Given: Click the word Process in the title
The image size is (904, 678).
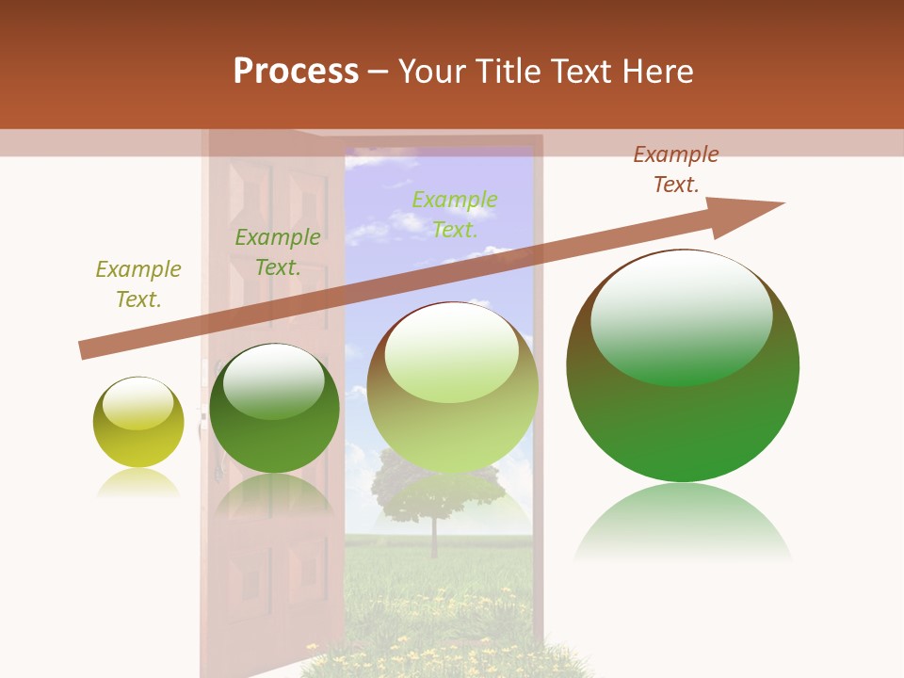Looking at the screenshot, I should (x=296, y=72).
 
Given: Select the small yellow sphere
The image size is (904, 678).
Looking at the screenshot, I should (x=138, y=423).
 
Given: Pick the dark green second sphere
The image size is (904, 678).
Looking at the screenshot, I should (x=274, y=409).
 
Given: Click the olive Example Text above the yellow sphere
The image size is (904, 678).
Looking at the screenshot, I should (x=137, y=284).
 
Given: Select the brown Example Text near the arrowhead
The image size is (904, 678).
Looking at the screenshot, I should (x=675, y=169).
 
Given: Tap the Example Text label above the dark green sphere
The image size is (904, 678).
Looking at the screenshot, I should (x=278, y=252).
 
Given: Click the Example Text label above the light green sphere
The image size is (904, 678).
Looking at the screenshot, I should (x=455, y=214).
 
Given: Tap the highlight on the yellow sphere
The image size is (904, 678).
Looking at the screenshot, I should (x=137, y=404).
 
